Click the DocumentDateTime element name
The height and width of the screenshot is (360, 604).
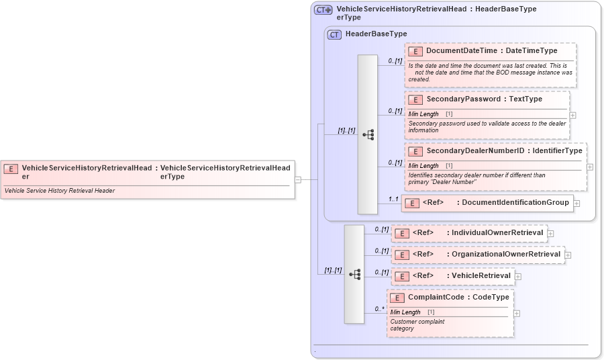[462, 50]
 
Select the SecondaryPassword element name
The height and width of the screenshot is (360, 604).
[463, 99]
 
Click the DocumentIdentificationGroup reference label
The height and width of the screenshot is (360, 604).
[515, 202]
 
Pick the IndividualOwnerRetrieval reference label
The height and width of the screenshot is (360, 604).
[497, 233]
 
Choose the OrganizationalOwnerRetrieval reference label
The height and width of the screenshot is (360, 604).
[506, 255]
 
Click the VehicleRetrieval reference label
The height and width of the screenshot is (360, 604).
[481, 275]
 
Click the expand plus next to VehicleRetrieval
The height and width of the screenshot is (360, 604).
[518, 276]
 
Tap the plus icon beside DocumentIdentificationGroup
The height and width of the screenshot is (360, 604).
[576, 203]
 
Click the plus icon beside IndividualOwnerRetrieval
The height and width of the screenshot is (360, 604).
[551, 234]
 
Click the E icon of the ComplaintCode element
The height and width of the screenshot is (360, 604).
[397, 298]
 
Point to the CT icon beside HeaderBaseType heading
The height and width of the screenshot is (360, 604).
[334, 34]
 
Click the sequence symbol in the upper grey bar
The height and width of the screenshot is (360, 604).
[368, 134]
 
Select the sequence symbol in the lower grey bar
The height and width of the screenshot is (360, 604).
[354, 274]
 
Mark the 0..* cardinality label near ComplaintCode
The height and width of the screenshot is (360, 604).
[379, 309]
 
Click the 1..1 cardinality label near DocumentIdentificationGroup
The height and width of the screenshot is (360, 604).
[393, 199]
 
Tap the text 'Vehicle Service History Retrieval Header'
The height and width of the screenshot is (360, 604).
[60, 191]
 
